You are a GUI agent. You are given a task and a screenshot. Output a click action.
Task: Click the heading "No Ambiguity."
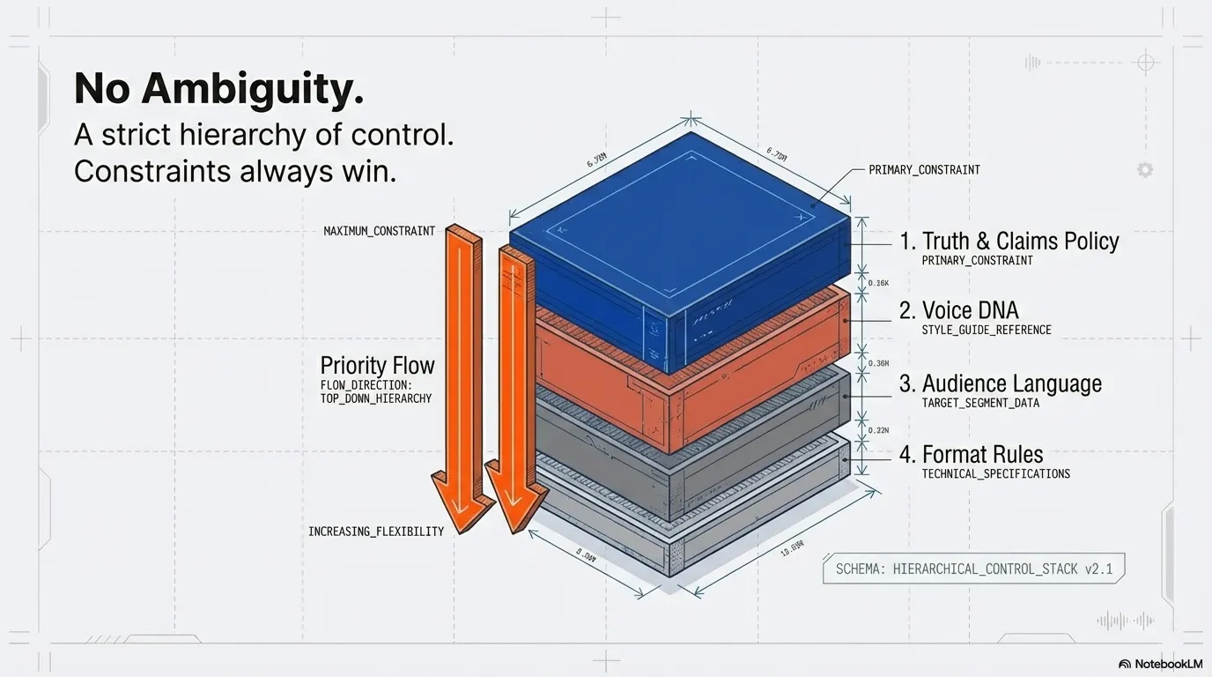coord(218,89)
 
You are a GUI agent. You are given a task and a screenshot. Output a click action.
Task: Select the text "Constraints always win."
coord(235,171)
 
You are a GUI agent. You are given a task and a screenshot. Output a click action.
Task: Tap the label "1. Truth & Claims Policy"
coord(1009,241)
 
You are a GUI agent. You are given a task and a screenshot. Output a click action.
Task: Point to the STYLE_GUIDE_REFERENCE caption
coord(986,331)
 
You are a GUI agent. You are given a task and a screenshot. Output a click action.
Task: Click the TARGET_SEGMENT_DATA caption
coord(979,403)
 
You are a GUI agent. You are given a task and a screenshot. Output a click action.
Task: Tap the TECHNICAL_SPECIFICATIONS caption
coord(995,474)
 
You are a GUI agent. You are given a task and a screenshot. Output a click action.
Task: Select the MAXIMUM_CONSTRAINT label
coord(379,231)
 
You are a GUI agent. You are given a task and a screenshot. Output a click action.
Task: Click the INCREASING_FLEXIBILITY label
coord(376,532)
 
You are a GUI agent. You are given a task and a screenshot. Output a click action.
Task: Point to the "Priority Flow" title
coord(377,365)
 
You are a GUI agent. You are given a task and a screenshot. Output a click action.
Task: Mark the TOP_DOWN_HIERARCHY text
coord(375,398)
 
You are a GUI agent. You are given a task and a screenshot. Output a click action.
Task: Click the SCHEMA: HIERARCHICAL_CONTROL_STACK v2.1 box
coord(973,569)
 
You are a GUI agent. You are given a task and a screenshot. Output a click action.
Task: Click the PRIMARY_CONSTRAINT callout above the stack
coord(924,169)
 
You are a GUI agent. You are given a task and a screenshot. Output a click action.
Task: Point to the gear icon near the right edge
coord(1144,170)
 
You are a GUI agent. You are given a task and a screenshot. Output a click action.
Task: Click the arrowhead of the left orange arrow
coord(462,502)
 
